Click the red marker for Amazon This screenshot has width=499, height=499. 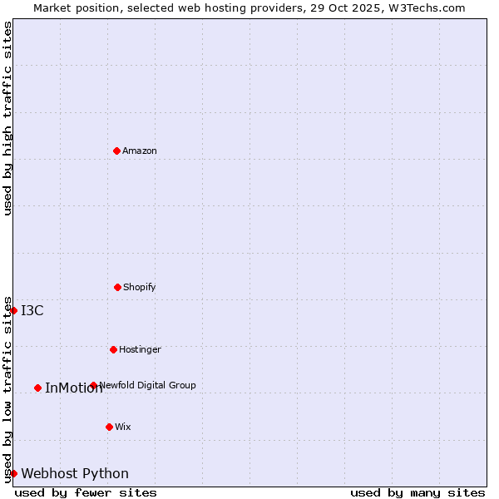(x=116, y=151)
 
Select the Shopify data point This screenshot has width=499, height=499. (x=117, y=287)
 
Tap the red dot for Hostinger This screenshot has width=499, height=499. (x=113, y=349)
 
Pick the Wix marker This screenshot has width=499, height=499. (x=109, y=427)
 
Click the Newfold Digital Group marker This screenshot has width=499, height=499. (x=93, y=385)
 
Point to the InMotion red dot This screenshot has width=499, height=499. (x=37, y=388)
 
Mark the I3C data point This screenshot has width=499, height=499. (x=13, y=310)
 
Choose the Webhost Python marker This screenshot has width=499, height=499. (x=13, y=473)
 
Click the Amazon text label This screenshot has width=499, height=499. (x=140, y=151)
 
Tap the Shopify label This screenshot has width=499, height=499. (x=140, y=287)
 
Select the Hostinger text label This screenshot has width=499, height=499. (x=140, y=349)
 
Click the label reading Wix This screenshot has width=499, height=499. (x=123, y=427)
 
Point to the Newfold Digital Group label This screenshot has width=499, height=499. (x=148, y=385)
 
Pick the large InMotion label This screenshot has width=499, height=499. (x=74, y=388)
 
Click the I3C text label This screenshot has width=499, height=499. (x=32, y=311)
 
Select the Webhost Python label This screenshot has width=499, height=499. (x=75, y=474)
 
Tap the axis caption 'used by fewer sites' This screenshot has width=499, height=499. (x=86, y=492)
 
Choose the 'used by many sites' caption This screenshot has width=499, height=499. (x=417, y=492)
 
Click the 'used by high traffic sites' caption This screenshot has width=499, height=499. (x=7, y=118)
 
